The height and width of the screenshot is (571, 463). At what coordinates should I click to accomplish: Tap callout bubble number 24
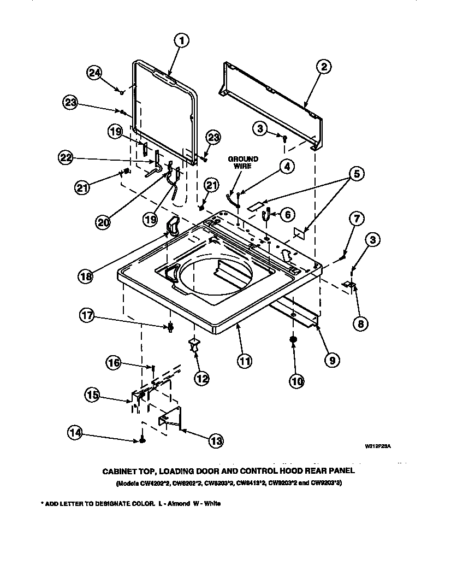click(94, 74)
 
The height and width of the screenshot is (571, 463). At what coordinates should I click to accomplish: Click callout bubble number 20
click(103, 221)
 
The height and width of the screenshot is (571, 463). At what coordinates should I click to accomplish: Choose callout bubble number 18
click(85, 276)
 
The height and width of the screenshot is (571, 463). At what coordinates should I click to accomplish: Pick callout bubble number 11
click(245, 361)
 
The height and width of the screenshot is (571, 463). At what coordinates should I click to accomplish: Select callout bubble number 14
click(75, 433)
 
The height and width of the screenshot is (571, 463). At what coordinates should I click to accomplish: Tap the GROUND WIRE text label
click(243, 162)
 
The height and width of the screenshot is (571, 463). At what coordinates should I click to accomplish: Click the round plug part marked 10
click(293, 340)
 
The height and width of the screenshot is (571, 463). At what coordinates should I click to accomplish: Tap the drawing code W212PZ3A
click(378, 446)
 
